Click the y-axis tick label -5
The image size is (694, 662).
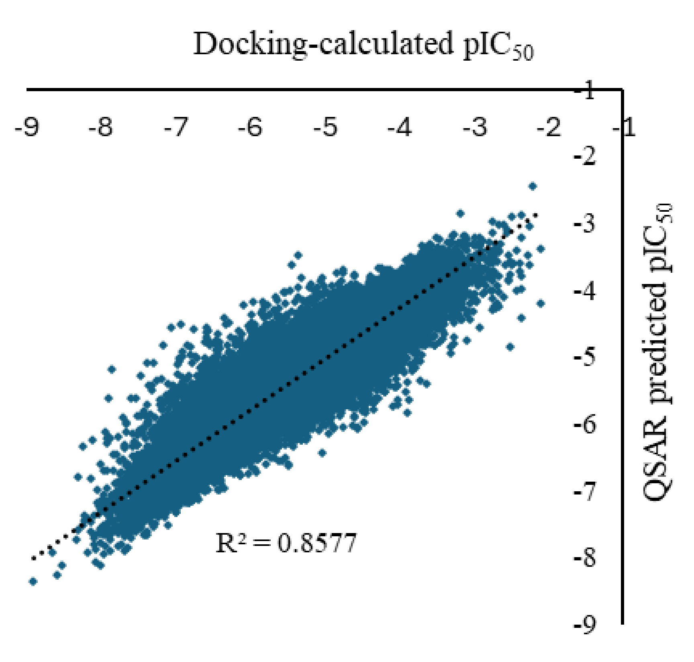coord(585,358)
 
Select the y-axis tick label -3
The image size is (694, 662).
coord(585,224)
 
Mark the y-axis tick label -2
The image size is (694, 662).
coord(585,157)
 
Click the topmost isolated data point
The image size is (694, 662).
coord(533,186)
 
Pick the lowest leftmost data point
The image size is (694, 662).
coord(33,581)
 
